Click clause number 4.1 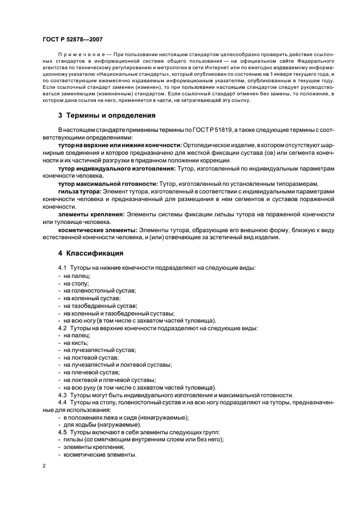point(62,268)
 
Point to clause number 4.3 point(62,394)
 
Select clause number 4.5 point(62,432)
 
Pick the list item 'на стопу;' point(76,283)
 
